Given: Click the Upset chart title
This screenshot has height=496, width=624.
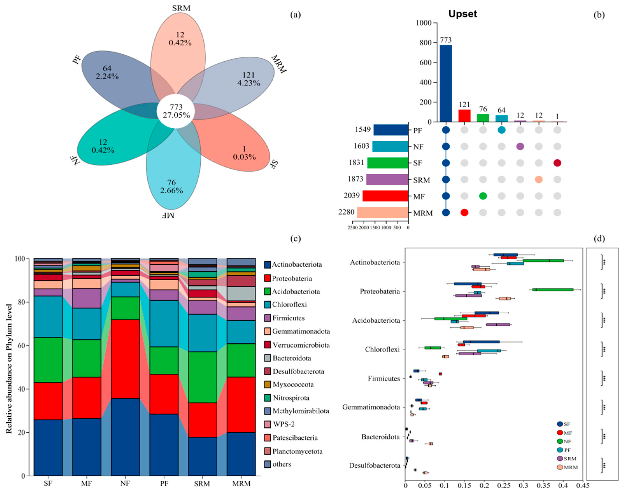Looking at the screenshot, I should [462, 14].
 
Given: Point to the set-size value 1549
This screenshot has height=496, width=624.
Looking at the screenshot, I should [363, 129].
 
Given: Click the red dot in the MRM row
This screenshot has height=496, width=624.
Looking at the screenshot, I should [464, 212].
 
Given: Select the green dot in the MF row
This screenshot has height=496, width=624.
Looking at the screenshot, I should [483, 196].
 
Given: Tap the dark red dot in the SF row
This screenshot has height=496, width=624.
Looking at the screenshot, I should [557, 163].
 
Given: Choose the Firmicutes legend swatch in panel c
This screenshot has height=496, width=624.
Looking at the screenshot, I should [267, 318].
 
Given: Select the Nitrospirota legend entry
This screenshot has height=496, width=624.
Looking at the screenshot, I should [291, 398].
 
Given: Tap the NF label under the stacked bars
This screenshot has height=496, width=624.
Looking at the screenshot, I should [125, 484].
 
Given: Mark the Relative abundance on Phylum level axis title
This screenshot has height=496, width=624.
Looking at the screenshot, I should [9, 368].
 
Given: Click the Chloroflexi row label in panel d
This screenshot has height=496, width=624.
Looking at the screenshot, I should [382, 349].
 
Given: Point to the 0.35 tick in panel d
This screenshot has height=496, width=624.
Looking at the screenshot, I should [543, 485].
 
